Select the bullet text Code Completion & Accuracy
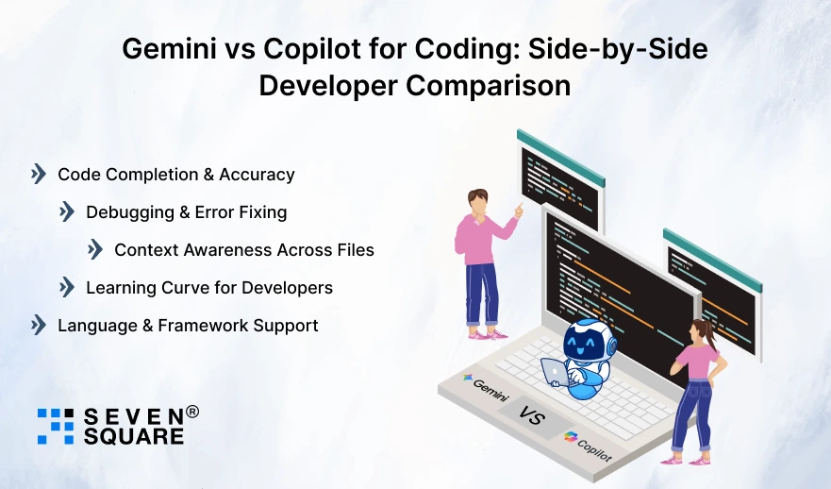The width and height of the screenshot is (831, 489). click(176, 175)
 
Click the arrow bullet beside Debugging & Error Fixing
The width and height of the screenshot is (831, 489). click(67, 212)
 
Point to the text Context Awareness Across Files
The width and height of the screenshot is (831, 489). click(244, 250)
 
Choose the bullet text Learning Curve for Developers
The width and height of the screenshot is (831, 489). click(209, 287)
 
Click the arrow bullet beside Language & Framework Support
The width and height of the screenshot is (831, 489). click(39, 326)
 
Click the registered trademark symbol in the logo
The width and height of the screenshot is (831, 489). click(192, 412)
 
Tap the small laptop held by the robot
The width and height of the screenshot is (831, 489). click(557, 372)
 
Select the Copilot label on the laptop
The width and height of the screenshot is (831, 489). click(589, 447)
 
